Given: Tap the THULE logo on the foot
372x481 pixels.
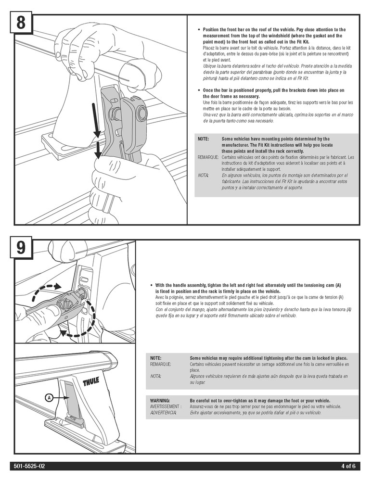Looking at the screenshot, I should pos(91,383).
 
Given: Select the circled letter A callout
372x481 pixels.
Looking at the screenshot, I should pos(49,397).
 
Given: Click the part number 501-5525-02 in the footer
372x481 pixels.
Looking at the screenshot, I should pos(30,466).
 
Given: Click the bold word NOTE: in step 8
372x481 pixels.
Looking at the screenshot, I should pos(203,139).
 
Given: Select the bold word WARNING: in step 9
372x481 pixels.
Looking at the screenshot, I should pos(160,400).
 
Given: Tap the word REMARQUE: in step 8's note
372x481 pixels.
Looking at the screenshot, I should pos(208,157).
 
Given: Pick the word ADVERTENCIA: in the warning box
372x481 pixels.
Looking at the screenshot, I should pos(163,413).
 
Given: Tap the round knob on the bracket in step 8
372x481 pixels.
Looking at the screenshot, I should pos(141,114).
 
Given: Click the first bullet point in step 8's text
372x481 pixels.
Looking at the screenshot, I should pos(198,30).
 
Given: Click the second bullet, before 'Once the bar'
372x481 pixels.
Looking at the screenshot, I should pos(198,90).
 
